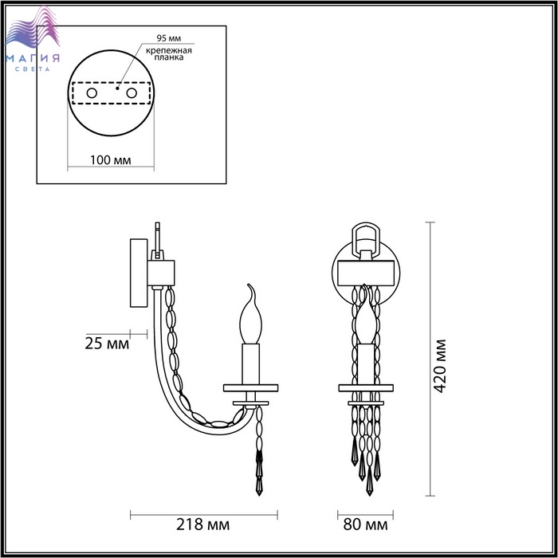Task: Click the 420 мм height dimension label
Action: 440,366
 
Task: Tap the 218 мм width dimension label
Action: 202,525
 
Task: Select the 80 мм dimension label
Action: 365,525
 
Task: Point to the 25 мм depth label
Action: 107,344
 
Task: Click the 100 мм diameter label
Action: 110,160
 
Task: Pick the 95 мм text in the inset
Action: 169,38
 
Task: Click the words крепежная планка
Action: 169,53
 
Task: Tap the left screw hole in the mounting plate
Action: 92,93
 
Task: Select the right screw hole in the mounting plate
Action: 132,93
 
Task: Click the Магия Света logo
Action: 33,39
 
